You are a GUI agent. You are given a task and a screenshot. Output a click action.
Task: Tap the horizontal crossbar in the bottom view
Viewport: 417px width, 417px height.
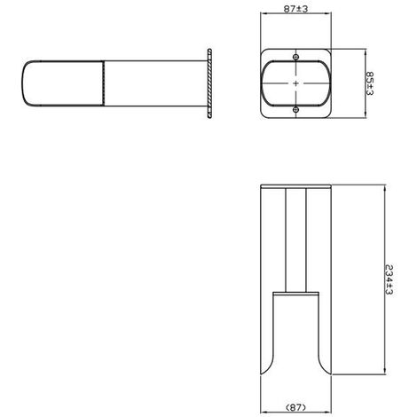tap(296, 292)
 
